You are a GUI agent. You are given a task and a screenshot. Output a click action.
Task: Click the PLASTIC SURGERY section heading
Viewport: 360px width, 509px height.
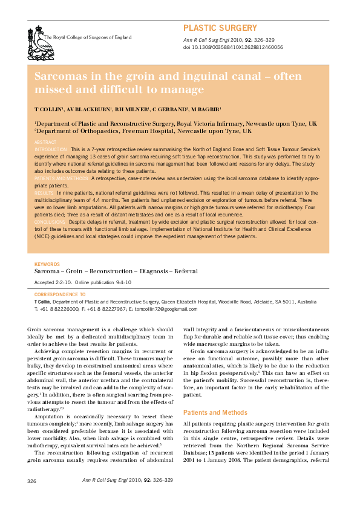[x=220, y=28]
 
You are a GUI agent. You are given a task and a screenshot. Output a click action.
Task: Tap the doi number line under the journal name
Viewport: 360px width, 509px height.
[x=233, y=47]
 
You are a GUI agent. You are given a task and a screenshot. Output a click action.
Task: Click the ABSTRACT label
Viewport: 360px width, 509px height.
[x=45, y=141]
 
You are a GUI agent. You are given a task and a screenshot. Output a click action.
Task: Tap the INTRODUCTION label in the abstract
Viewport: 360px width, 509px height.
[x=51, y=149]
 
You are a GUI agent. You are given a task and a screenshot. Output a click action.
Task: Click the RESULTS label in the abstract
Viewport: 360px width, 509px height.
[x=45, y=192]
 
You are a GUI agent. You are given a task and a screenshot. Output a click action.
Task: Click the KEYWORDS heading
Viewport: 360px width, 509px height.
[x=47, y=265]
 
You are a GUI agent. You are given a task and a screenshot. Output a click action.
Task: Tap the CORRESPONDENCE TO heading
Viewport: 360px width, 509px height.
[x=60, y=294]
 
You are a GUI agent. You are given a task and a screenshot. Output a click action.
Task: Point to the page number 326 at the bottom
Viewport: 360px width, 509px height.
[x=33, y=481]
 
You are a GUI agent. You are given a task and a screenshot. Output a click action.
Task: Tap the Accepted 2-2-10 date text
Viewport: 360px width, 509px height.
[x=53, y=283]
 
